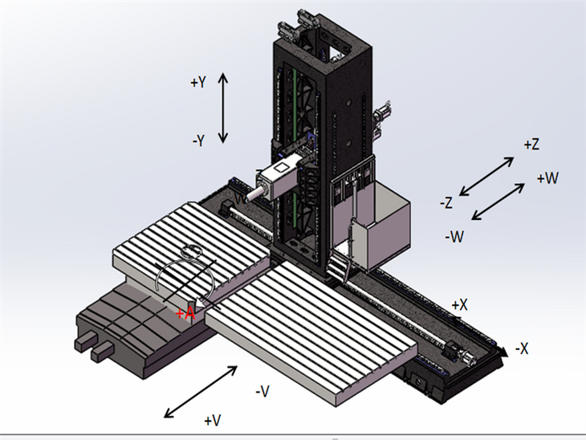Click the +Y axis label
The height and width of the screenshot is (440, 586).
(199, 83)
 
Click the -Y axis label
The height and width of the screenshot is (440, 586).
(200, 140)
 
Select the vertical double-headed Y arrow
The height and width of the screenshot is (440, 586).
(224, 107)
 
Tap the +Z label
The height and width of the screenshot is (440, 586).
(531, 145)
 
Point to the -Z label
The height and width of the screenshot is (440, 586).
(447, 203)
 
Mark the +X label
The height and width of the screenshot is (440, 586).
(459, 305)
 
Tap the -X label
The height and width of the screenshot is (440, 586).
(522, 348)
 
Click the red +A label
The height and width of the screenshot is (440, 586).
(185, 312)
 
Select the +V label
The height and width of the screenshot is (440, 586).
(212, 420)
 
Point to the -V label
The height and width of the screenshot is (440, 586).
(262, 391)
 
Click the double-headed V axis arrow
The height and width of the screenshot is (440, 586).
(201, 392)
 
